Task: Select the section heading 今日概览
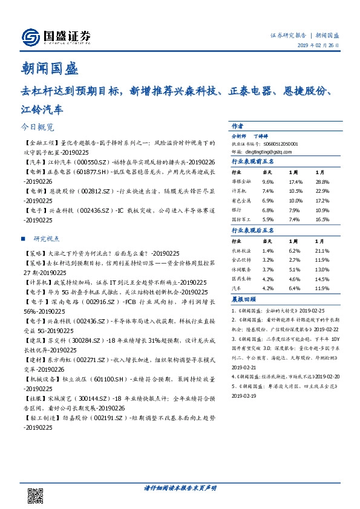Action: click(38, 128)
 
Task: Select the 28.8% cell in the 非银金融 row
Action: click(322, 181)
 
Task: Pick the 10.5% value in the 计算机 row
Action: click(295, 190)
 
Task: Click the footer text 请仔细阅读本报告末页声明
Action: click(180, 487)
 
